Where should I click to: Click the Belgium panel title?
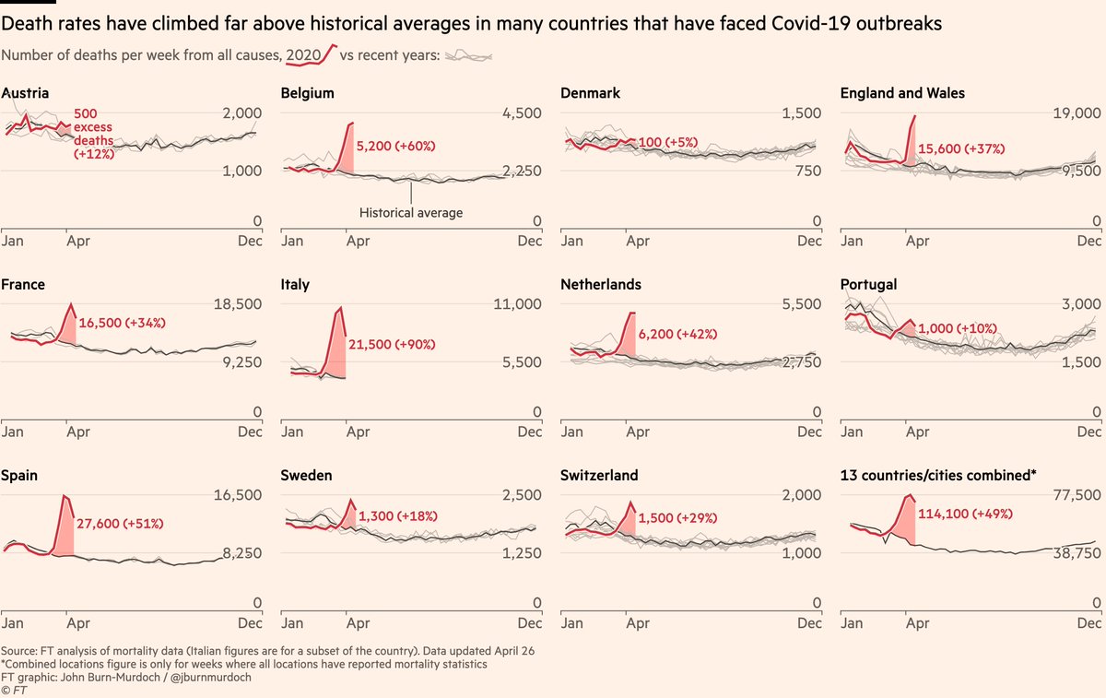tap(307, 93)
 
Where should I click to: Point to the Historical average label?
tap(410, 213)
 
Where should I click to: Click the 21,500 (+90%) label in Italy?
tap(392, 344)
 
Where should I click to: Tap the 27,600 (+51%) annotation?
tap(119, 523)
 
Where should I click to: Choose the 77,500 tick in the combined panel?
tap(1073, 495)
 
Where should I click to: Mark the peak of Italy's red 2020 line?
tap(341, 308)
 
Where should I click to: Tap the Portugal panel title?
tap(868, 285)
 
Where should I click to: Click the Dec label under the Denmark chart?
tap(808, 242)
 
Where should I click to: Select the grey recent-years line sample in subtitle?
tap(468, 56)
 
